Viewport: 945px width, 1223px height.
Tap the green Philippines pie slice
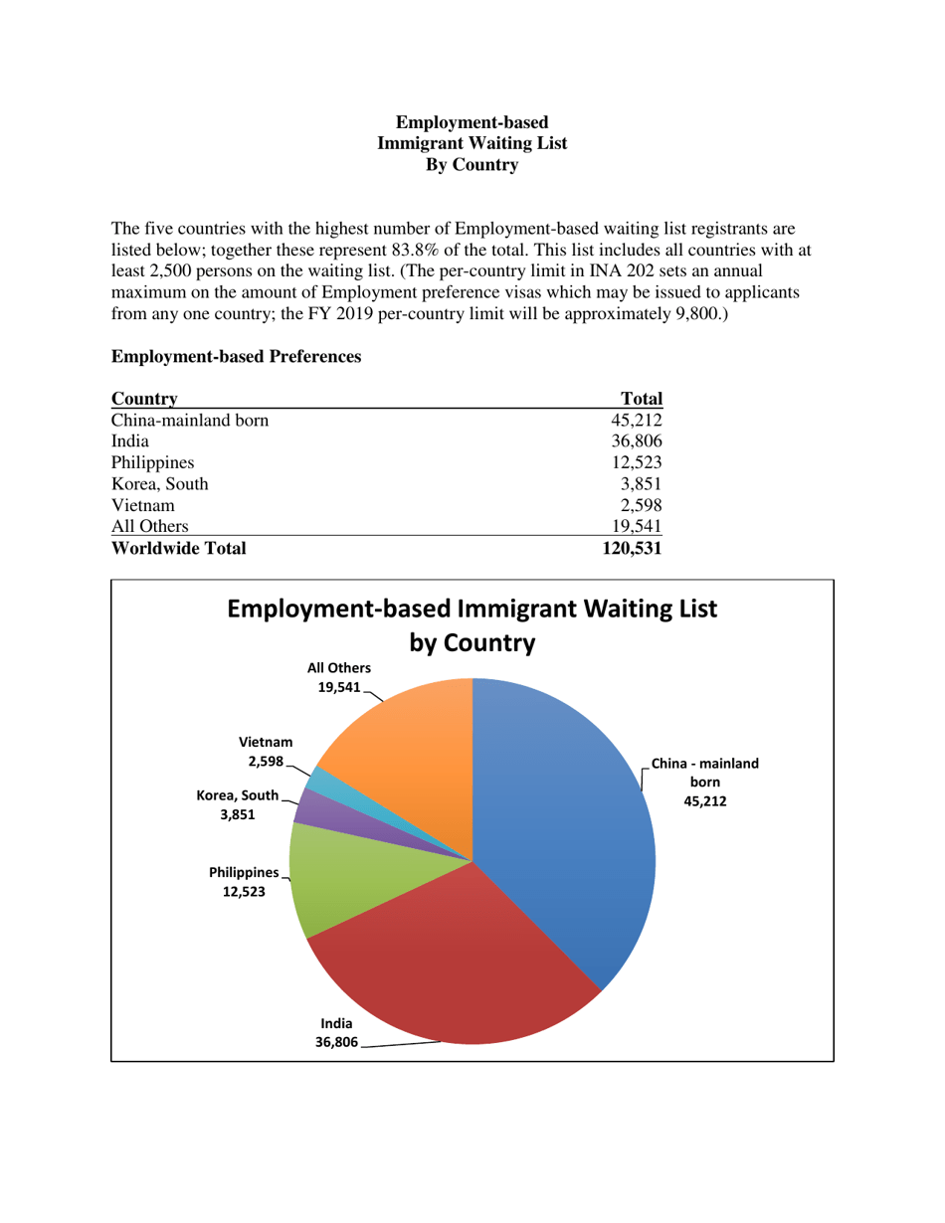point(343,880)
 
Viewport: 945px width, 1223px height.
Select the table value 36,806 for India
point(637,440)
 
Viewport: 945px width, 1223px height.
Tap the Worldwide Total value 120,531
point(632,547)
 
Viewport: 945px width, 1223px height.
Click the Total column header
point(642,398)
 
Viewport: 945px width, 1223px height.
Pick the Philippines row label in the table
point(153,462)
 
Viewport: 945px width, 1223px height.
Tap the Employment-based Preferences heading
point(236,356)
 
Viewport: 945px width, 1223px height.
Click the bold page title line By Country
point(472,166)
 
